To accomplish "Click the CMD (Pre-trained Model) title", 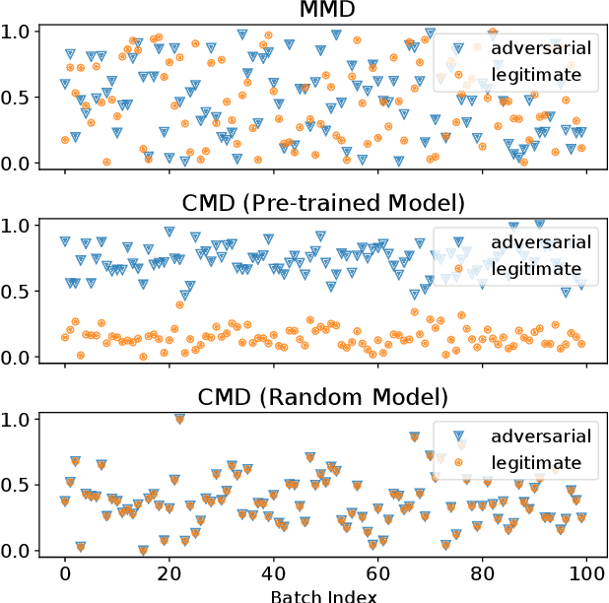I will click(324, 204).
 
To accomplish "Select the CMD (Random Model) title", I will click(324, 397).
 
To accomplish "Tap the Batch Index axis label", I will click(324, 594).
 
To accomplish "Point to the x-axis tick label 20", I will click(169, 572).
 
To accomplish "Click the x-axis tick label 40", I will click(273, 572).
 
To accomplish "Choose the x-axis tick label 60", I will click(377, 572).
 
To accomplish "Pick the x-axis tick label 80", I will click(482, 572).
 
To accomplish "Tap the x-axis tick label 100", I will click(586, 572).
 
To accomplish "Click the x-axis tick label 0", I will click(65, 572).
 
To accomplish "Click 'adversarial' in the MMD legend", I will click(541, 48).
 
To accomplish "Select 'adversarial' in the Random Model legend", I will click(541, 435).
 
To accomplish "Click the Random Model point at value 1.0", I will click(179, 418).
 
